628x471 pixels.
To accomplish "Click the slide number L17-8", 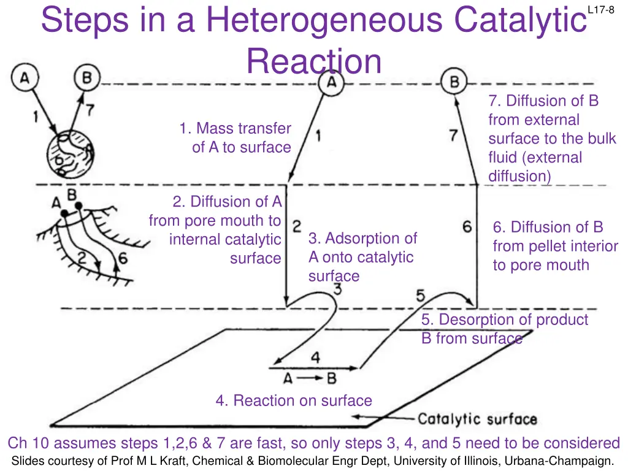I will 600,9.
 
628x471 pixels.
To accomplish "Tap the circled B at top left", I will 87,78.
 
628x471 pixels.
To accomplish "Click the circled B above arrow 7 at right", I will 454,81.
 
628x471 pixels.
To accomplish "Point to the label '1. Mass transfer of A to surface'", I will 235,138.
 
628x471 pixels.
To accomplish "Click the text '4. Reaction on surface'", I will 294,401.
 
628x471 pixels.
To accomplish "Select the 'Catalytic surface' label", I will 477,419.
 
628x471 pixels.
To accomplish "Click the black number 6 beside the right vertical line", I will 467,227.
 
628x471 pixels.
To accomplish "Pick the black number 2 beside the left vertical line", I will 296,226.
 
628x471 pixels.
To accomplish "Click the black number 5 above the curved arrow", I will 421,296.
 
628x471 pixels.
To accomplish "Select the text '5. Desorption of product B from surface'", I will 504,329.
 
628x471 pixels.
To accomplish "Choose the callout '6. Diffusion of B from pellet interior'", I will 555,246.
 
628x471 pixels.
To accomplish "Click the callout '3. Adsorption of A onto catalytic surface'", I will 362,257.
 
